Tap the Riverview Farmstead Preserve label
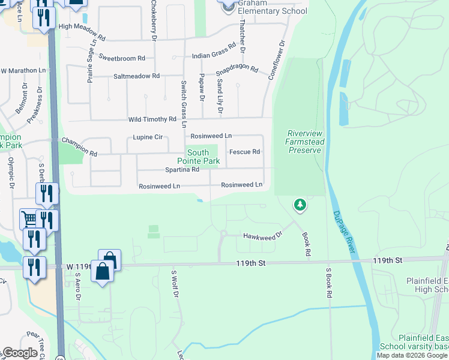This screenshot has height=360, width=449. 305,142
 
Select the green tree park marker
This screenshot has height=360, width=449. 300,206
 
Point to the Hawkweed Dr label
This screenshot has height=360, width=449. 261,235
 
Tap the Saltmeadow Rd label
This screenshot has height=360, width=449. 136,76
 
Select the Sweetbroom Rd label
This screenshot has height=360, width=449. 122,58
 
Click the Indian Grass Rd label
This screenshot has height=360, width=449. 214,56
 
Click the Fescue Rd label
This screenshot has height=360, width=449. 244,152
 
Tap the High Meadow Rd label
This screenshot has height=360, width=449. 81,26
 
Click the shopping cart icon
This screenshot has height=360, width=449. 29,218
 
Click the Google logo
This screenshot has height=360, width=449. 20,353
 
